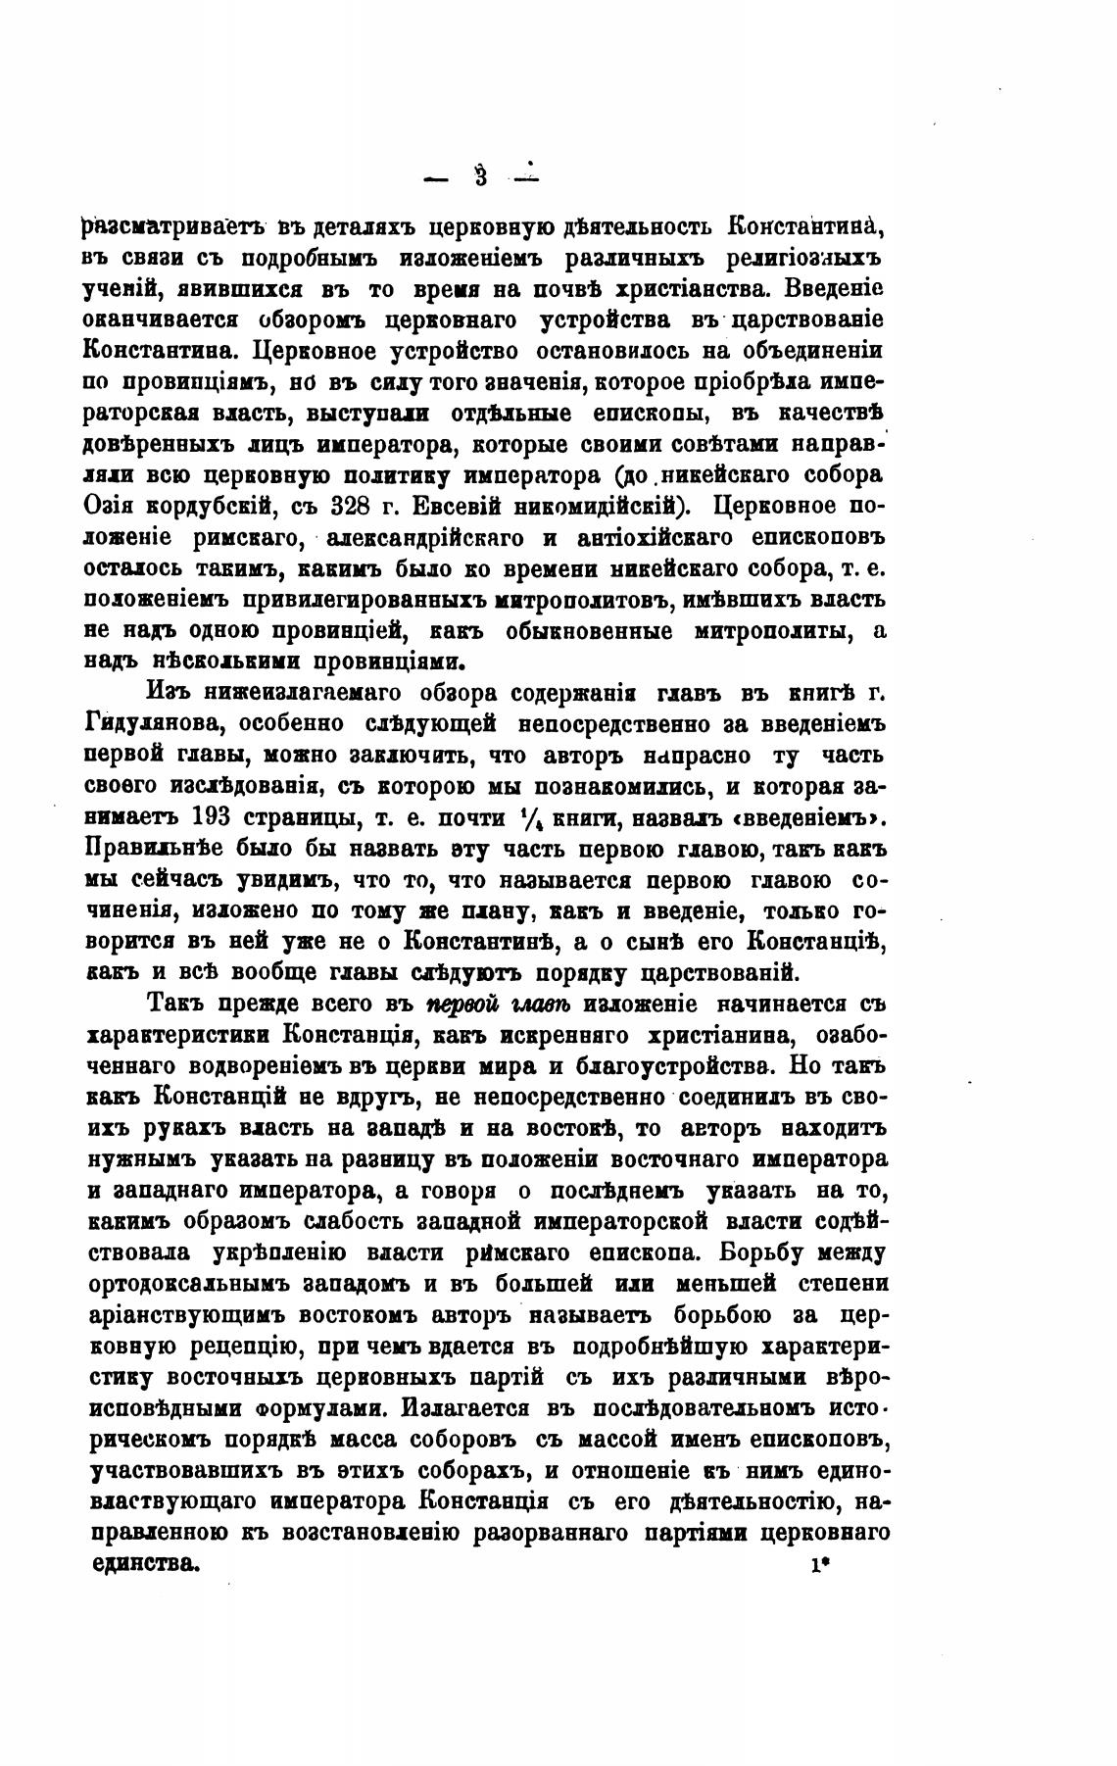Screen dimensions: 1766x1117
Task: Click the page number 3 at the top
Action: pos(481,177)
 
